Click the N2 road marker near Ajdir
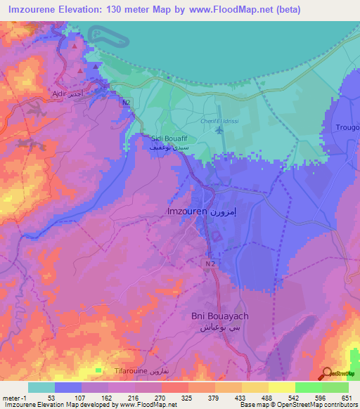(x=127, y=103)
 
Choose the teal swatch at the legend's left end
(x=41, y=387)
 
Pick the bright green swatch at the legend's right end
(x=335, y=387)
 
